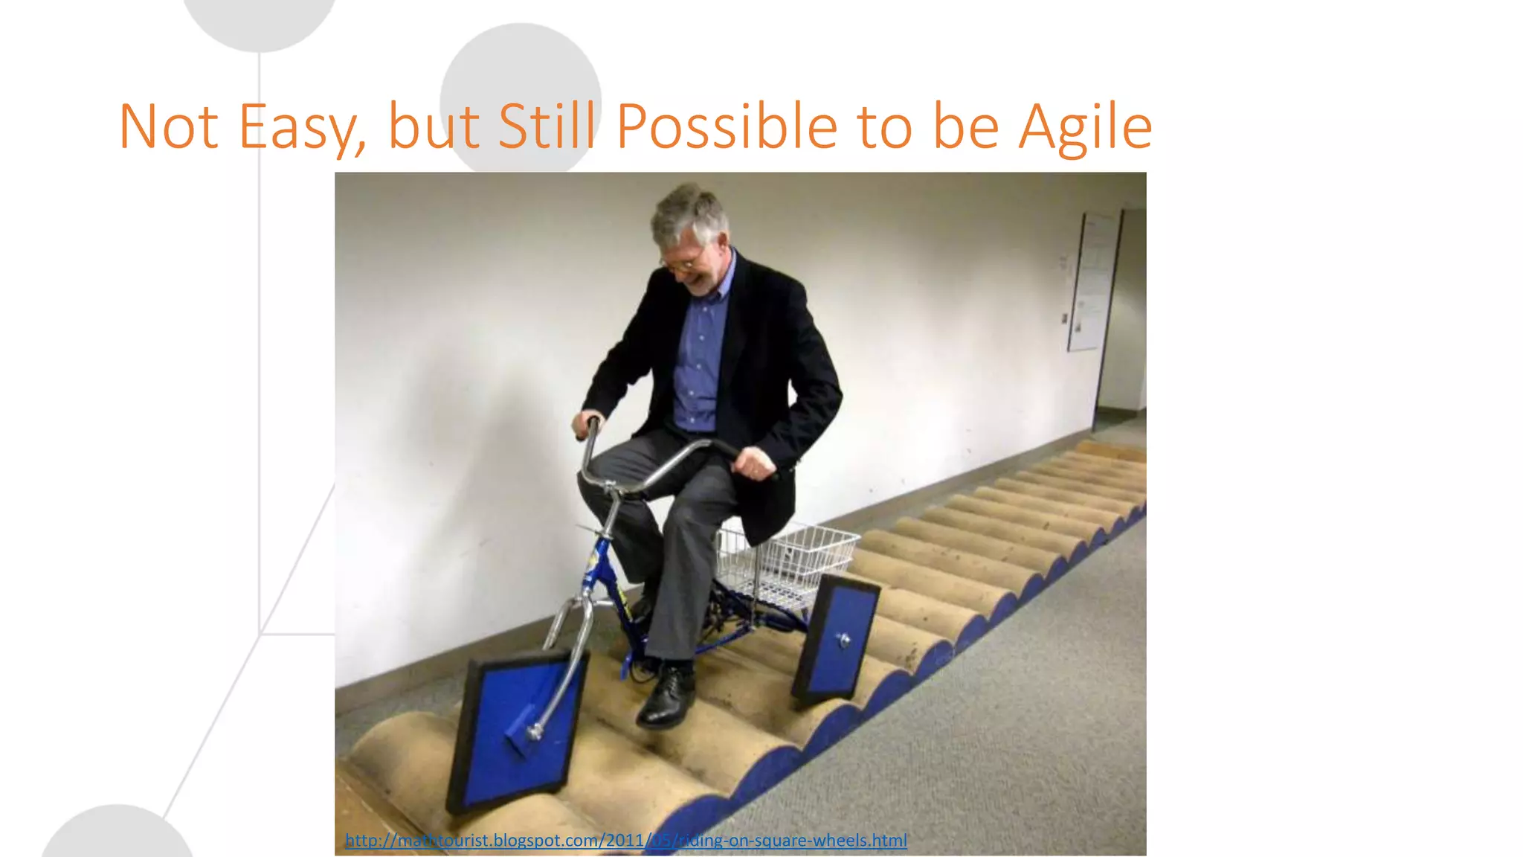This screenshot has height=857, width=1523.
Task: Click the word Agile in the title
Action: coord(1085,128)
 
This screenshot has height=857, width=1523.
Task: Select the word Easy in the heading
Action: coord(301,128)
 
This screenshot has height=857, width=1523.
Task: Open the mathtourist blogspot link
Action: coord(625,841)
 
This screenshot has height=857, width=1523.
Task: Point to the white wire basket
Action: coord(788,562)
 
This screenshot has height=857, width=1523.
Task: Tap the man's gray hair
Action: coord(688,213)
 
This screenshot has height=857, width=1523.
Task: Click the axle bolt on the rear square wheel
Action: coord(844,639)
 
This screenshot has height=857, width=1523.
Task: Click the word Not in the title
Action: coord(168,128)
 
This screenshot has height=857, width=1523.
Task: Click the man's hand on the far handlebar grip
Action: coord(587,425)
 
